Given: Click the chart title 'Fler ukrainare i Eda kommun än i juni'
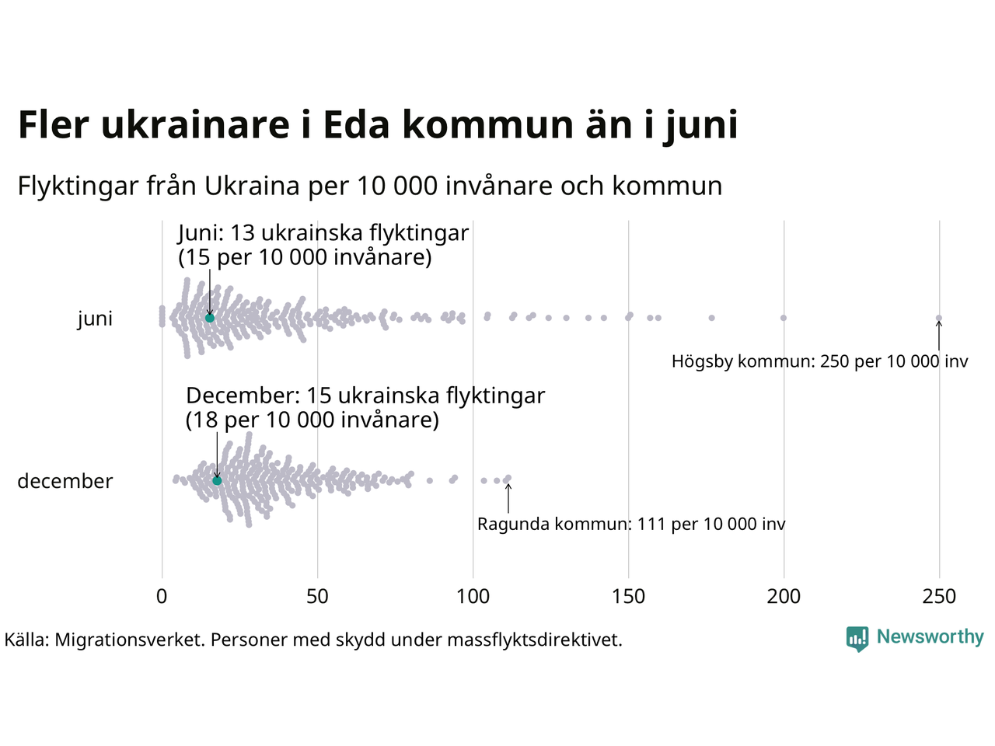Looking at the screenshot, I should pyautogui.click(x=378, y=125).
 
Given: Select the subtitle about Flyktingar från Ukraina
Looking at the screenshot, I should pyautogui.click(x=370, y=186).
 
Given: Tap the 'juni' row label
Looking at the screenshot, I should pyautogui.click(x=95, y=319).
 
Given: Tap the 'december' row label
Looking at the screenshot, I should pyautogui.click(x=65, y=481).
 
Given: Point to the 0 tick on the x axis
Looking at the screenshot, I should pyautogui.click(x=162, y=597).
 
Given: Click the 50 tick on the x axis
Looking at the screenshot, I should pyautogui.click(x=317, y=597).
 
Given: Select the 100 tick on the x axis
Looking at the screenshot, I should pyautogui.click(x=473, y=597).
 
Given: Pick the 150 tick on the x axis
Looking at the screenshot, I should pyautogui.click(x=628, y=597).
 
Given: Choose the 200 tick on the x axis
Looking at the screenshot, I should pyautogui.click(x=784, y=597).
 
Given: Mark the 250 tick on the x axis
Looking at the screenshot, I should pyautogui.click(x=939, y=597).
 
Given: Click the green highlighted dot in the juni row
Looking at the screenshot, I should pyautogui.click(x=209, y=318).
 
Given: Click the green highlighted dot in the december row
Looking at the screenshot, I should pyautogui.click(x=217, y=481).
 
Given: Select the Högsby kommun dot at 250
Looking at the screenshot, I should pyautogui.click(x=939, y=318).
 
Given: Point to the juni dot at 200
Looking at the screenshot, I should pyautogui.click(x=784, y=318).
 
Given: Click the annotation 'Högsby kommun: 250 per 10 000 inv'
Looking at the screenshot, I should pyautogui.click(x=819, y=361).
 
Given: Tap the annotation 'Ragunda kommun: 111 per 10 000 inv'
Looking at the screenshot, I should pyautogui.click(x=631, y=525).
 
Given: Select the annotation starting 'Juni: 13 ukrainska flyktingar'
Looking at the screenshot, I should pyautogui.click(x=323, y=245).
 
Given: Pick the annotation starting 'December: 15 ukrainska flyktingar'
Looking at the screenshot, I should pyautogui.click(x=365, y=408).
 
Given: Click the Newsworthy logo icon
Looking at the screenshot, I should pyautogui.click(x=857, y=639).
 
